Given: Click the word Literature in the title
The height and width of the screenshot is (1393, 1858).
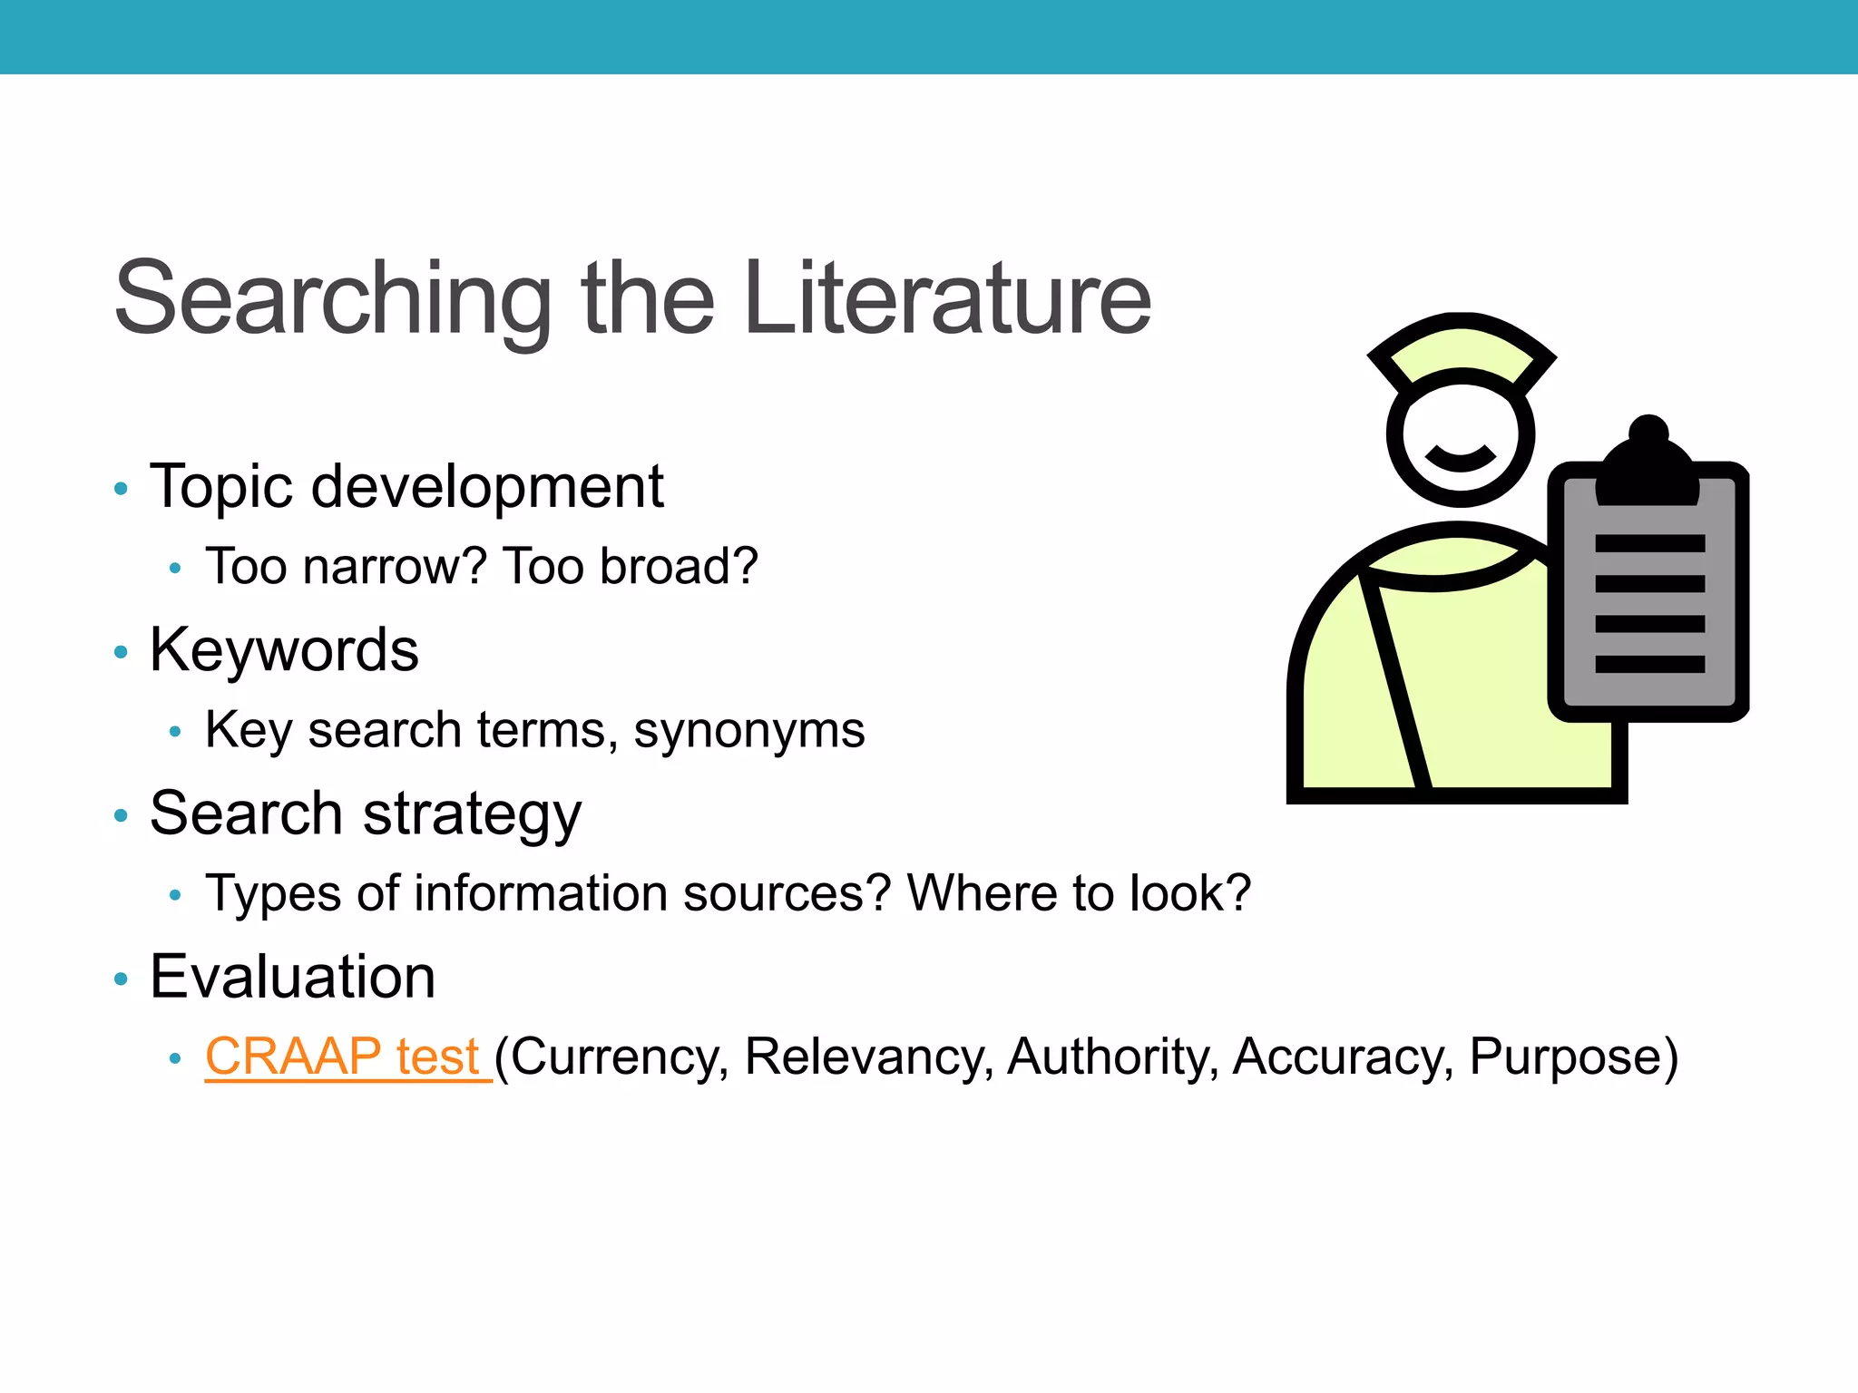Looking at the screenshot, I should click(x=947, y=299).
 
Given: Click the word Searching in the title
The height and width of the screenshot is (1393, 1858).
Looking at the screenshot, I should click(x=332, y=299).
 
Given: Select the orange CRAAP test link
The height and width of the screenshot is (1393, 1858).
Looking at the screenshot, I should click(x=342, y=1057).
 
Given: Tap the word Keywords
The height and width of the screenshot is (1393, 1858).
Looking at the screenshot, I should click(x=284, y=650).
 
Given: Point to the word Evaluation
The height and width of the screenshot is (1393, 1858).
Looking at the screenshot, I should click(x=292, y=978).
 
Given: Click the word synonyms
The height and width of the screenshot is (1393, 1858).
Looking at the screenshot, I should click(x=748, y=731).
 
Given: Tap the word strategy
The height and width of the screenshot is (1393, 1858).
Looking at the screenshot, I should click(x=472, y=814).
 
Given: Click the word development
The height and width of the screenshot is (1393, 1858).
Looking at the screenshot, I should click(x=487, y=487).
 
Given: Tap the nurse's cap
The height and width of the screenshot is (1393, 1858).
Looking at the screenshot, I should click(x=1461, y=349).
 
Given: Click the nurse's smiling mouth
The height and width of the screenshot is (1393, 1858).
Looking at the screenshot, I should click(x=1460, y=458).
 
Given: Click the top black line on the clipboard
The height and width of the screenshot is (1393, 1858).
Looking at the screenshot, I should click(x=1649, y=543).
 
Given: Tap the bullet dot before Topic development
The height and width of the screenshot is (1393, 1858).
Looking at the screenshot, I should click(x=121, y=490).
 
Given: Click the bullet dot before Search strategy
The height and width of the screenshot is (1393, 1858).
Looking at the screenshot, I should click(x=121, y=816).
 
